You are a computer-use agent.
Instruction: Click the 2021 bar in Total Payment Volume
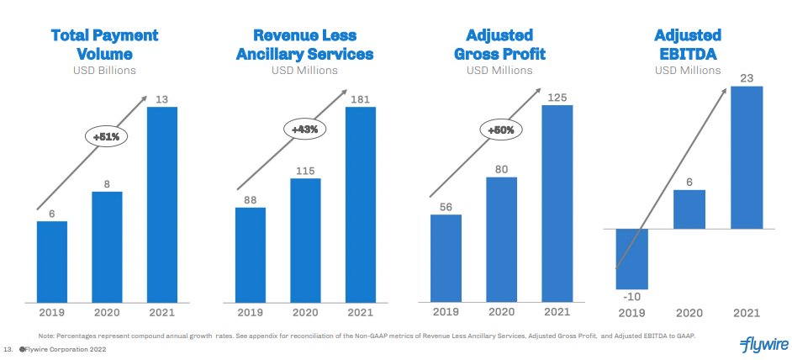tap(163, 204)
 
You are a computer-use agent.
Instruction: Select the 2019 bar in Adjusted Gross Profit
tap(446, 257)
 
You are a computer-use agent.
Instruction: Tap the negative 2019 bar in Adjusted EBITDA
tap(631, 259)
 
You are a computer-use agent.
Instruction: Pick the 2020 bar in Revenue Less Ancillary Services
tap(305, 240)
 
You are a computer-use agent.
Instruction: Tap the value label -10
tap(631, 297)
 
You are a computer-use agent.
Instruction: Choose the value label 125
tap(557, 98)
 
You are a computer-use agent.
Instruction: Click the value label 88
tap(250, 200)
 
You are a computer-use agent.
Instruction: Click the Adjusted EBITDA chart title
tap(688, 45)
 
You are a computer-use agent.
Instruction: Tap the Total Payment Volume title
tap(104, 45)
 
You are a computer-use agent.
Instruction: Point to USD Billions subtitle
tap(104, 71)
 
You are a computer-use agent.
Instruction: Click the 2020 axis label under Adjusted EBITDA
tap(689, 313)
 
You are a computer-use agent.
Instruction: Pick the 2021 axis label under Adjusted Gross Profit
tap(557, 312)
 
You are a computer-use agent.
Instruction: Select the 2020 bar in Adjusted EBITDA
tap(689, 209)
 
